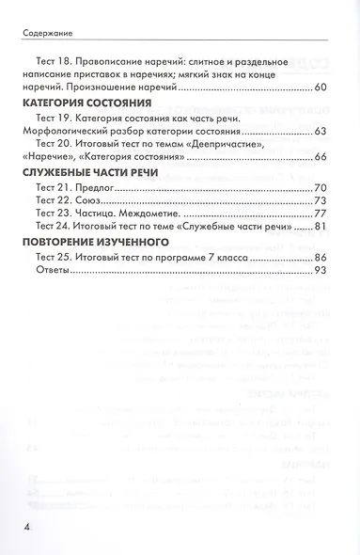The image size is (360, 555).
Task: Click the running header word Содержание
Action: pyautogui.click(x=45, y=31)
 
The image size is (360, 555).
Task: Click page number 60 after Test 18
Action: pyautogui.click(x=320, y=87)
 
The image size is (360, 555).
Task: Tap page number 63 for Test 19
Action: pyautogui.click(x=320, y=131)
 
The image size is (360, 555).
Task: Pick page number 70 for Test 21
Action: pyautogui.click(x=320, y=188)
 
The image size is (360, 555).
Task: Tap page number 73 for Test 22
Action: pyautogui.click(x=320, y=200)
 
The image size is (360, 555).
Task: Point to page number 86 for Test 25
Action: pyautogui.click(x=320, y=258)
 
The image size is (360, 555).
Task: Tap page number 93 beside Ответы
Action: pyautogui.click(x=320, y=270)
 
